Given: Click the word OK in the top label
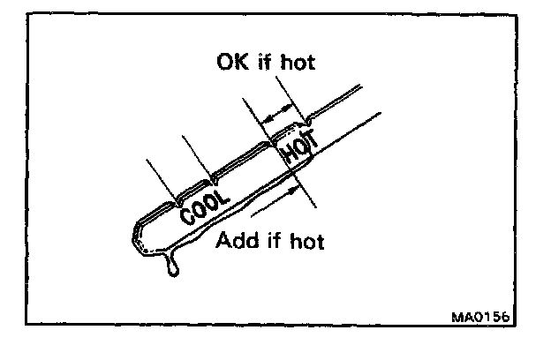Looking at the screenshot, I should click(x=231, y=64).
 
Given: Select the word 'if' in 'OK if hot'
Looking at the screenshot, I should click(x=267, y=64).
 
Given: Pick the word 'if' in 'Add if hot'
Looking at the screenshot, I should click(x=277, y=240).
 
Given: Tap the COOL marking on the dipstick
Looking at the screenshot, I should click(x=205, y=203).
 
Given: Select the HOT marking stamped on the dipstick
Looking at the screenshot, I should click(x=298, y=150).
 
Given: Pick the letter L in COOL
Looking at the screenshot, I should click(x=223, y=192).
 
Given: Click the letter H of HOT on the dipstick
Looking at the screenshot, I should click(x=288, y=157).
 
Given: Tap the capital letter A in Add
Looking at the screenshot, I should click(x=223, y=240).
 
